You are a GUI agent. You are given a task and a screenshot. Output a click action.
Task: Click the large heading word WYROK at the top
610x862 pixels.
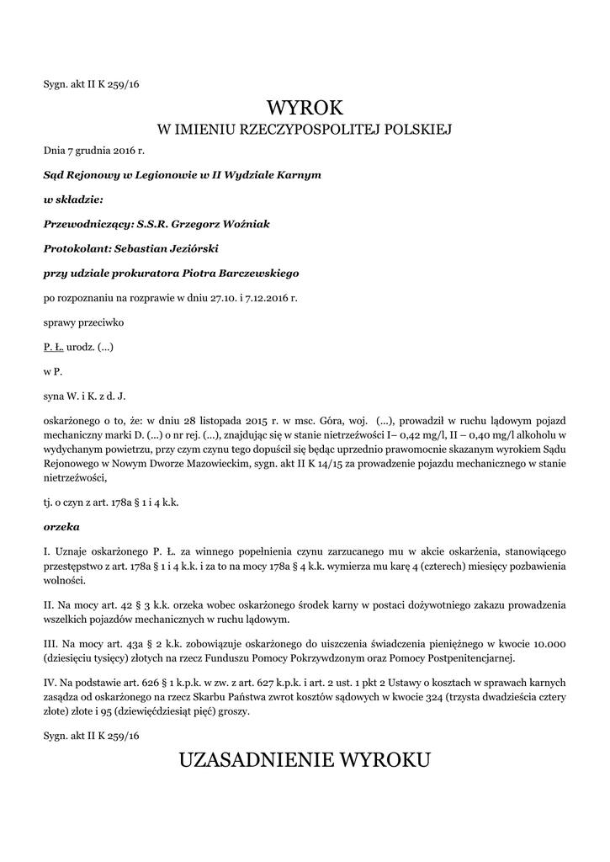point(305,108)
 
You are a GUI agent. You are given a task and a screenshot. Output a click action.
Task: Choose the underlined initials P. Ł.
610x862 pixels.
point(53,346)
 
